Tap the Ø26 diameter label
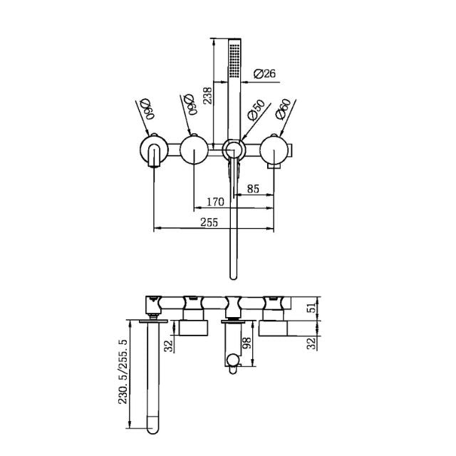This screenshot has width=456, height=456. coord(265,73)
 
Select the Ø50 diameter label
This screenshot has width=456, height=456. coord(255,113)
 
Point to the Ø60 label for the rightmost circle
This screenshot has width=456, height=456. coord(283,112)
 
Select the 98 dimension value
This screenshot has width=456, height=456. coord(247,345)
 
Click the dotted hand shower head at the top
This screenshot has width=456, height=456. coord(234,60)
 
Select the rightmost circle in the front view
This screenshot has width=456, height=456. coord(274,150)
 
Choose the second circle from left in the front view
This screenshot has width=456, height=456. coord(194,150)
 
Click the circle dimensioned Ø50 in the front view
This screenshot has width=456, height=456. coord(234,150)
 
